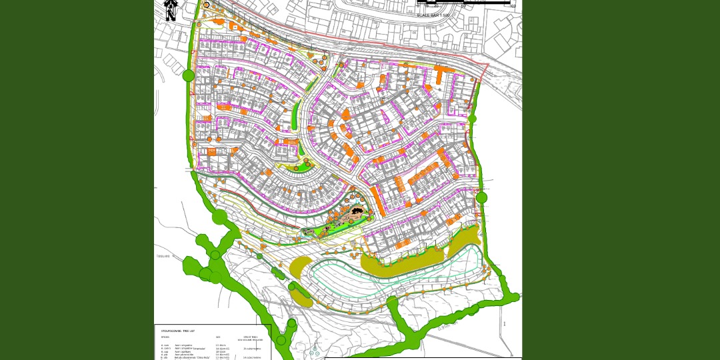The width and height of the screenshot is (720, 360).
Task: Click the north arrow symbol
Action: (171, 10)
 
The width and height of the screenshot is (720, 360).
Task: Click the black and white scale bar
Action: (463, 3)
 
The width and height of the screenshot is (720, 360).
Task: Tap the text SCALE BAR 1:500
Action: (433, 15)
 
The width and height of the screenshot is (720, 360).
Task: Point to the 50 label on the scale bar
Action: (463, 7)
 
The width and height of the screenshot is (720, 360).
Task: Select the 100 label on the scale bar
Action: (512, 7)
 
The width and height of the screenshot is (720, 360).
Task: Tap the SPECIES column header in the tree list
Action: (165, 337)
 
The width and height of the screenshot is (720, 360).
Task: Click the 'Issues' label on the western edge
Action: (163, 256)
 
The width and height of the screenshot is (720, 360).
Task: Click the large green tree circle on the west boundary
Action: (188, 75)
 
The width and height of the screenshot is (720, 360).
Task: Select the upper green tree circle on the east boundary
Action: (472, 119)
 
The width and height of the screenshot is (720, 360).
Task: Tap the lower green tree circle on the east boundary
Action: (481, 197)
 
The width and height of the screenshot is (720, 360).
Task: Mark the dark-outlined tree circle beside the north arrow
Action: (207, 5)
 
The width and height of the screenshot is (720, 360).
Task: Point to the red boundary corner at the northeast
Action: (488, 65)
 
